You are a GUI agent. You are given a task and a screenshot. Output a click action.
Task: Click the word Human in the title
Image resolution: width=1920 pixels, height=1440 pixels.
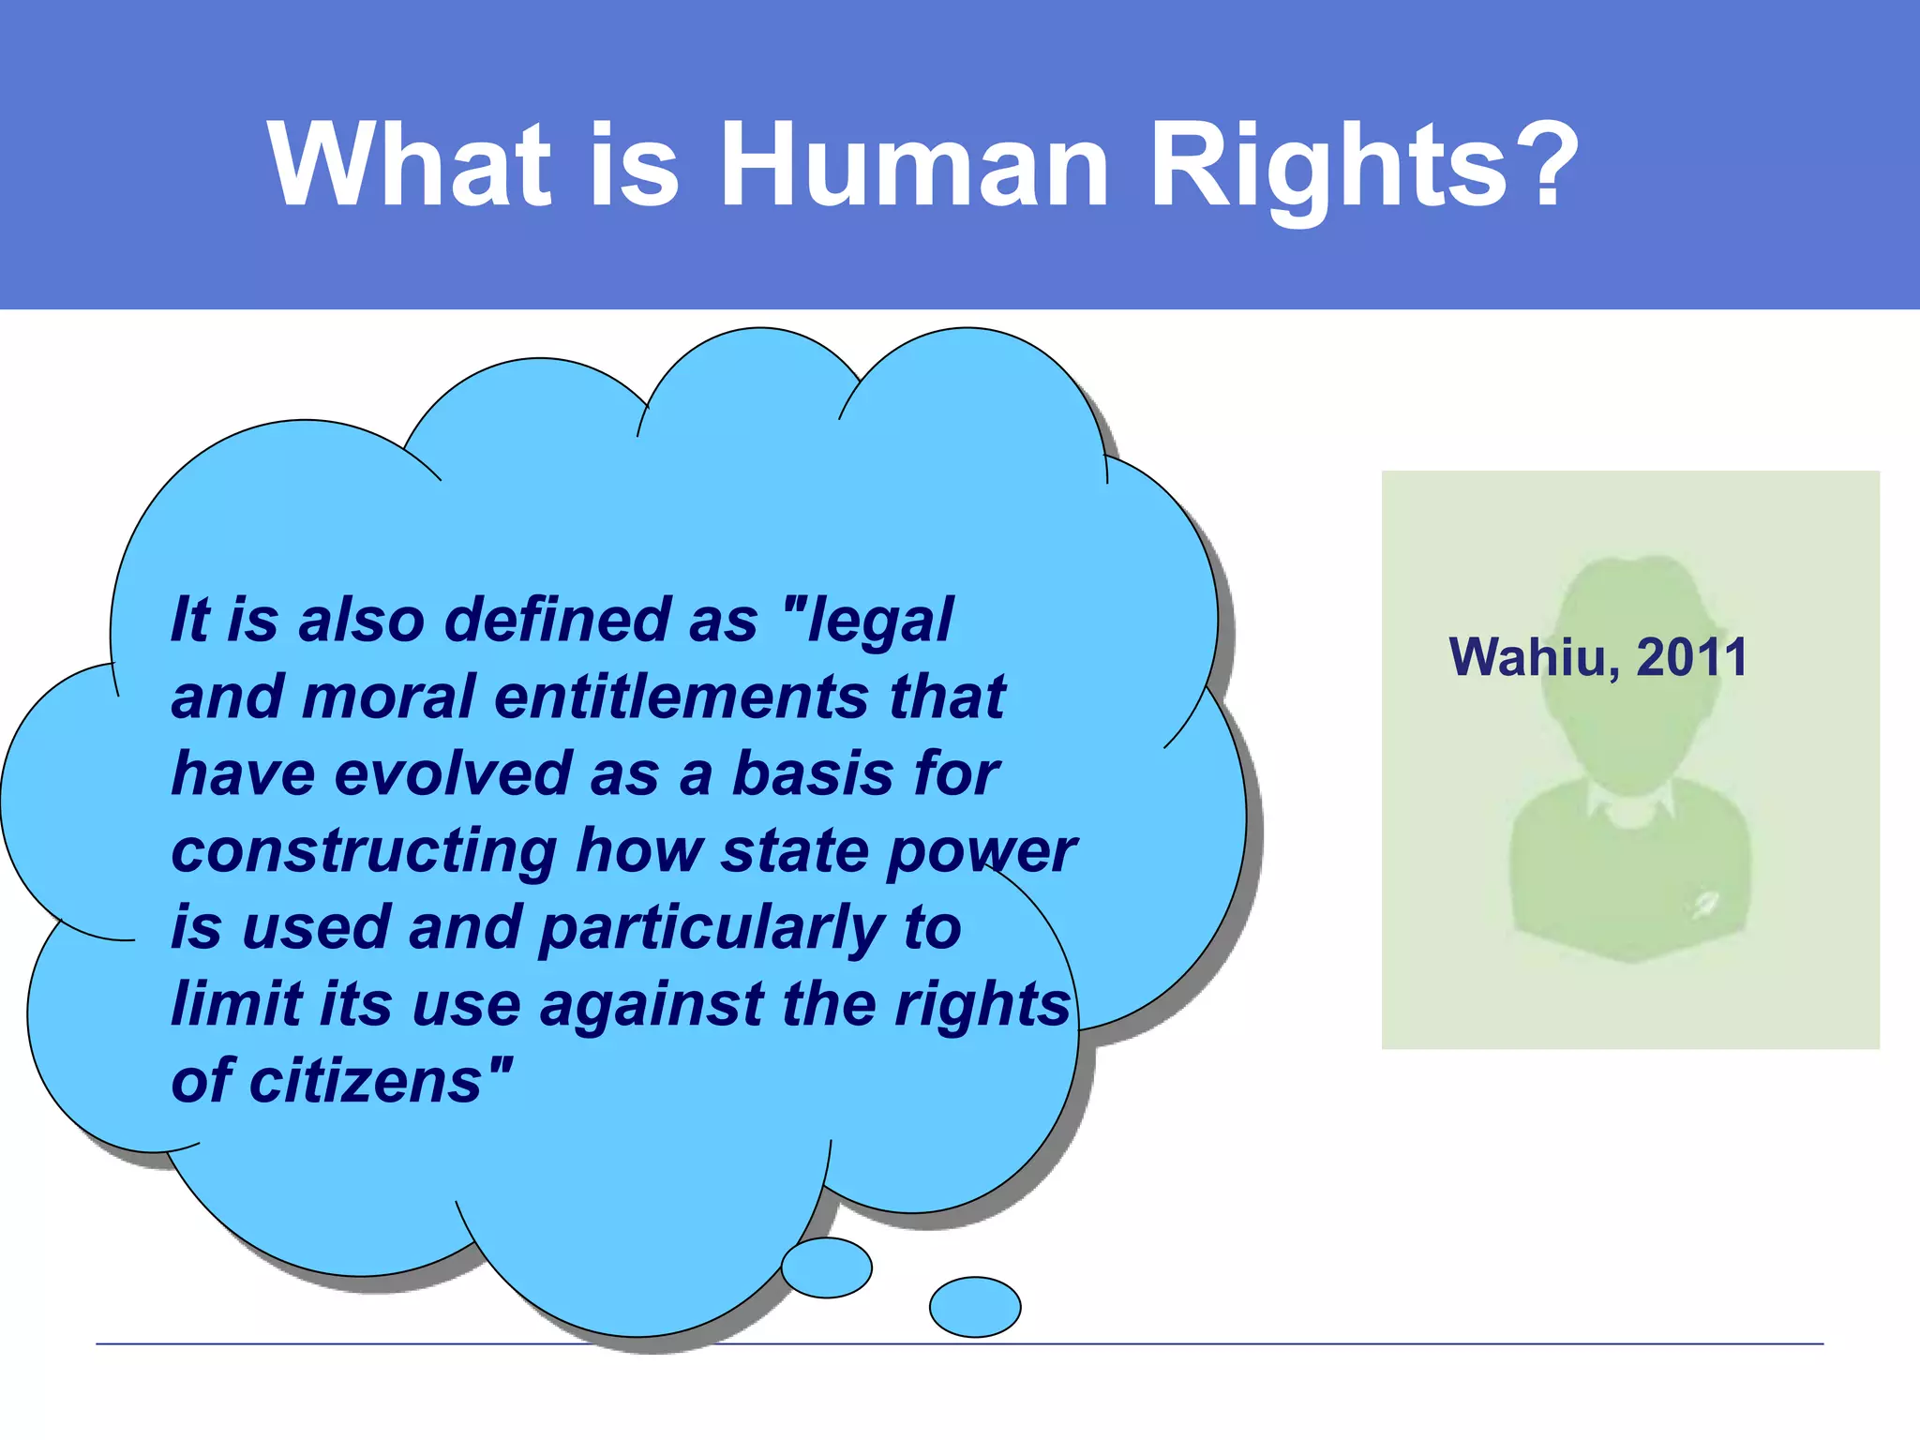coord(914,165)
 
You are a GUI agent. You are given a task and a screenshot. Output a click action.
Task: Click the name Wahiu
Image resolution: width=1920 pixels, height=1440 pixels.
coord(1532,657)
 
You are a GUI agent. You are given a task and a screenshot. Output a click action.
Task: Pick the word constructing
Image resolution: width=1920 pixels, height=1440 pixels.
coord(365,851)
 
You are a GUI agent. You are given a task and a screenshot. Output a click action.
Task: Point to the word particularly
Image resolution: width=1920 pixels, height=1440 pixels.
coord(712,929)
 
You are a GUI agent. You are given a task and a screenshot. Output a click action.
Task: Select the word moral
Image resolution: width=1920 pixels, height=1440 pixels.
coord(388,697)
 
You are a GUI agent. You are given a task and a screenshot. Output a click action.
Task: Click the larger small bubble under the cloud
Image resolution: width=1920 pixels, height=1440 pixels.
coord(827,1267)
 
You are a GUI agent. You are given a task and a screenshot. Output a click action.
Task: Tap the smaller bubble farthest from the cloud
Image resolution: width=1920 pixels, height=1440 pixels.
coord(975,1307)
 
